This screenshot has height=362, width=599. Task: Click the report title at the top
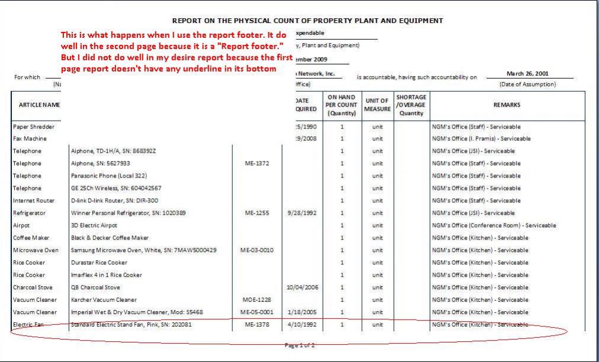pyautogui.click(x=307, y=21)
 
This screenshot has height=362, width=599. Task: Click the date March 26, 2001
pyautogui.click(x=527, y=74)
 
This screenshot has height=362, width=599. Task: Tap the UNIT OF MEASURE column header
pyautogui.click(x=376, y=105)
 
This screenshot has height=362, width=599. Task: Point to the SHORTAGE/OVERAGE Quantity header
pyautogui.click(x=411, y=105)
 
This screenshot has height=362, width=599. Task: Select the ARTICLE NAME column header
pyautogui.click(x=34, y=105)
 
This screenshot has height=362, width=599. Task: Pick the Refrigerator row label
pyautogui.click(x=33, y=213)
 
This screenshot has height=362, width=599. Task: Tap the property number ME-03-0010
pyautogui.click(x=257, y=250)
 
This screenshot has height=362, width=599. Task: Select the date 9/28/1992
pyautogui.click(x=305, y=213)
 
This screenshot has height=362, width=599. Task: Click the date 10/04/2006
pyautogui.click(x=305, y=287)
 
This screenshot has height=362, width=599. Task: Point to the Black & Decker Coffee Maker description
pyautogui.click(x=110, y=238)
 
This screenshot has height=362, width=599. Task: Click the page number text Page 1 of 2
pyautogui.click(x=300, y=345)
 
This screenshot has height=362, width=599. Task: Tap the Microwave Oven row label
pyautogui.click(x=36, y=250)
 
